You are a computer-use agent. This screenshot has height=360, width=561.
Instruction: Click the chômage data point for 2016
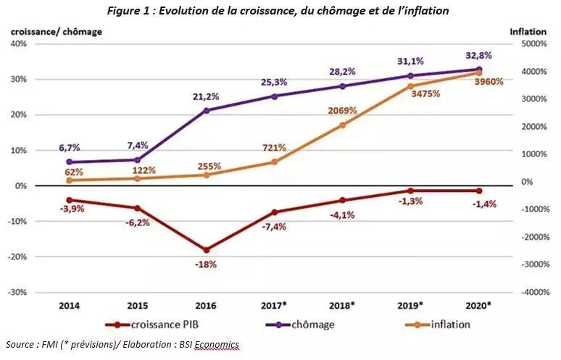coord(207,110)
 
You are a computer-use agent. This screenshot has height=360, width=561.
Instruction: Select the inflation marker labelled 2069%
coord(343,125)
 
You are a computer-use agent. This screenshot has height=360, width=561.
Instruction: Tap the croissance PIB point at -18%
coord(207,250)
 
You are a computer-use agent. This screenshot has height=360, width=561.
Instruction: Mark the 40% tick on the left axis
coord(17,43)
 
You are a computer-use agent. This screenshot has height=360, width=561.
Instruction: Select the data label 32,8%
coord(479,55)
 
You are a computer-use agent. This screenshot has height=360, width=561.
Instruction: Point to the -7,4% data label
coord(275,227)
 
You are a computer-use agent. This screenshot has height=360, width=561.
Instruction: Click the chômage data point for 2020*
coord(479,70)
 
